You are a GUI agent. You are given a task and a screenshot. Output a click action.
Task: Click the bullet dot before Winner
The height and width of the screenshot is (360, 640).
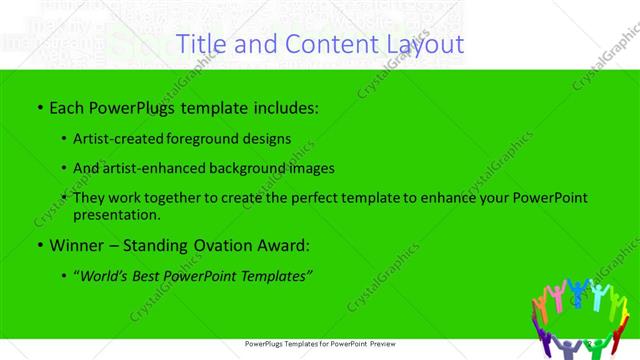click(39, 244)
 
